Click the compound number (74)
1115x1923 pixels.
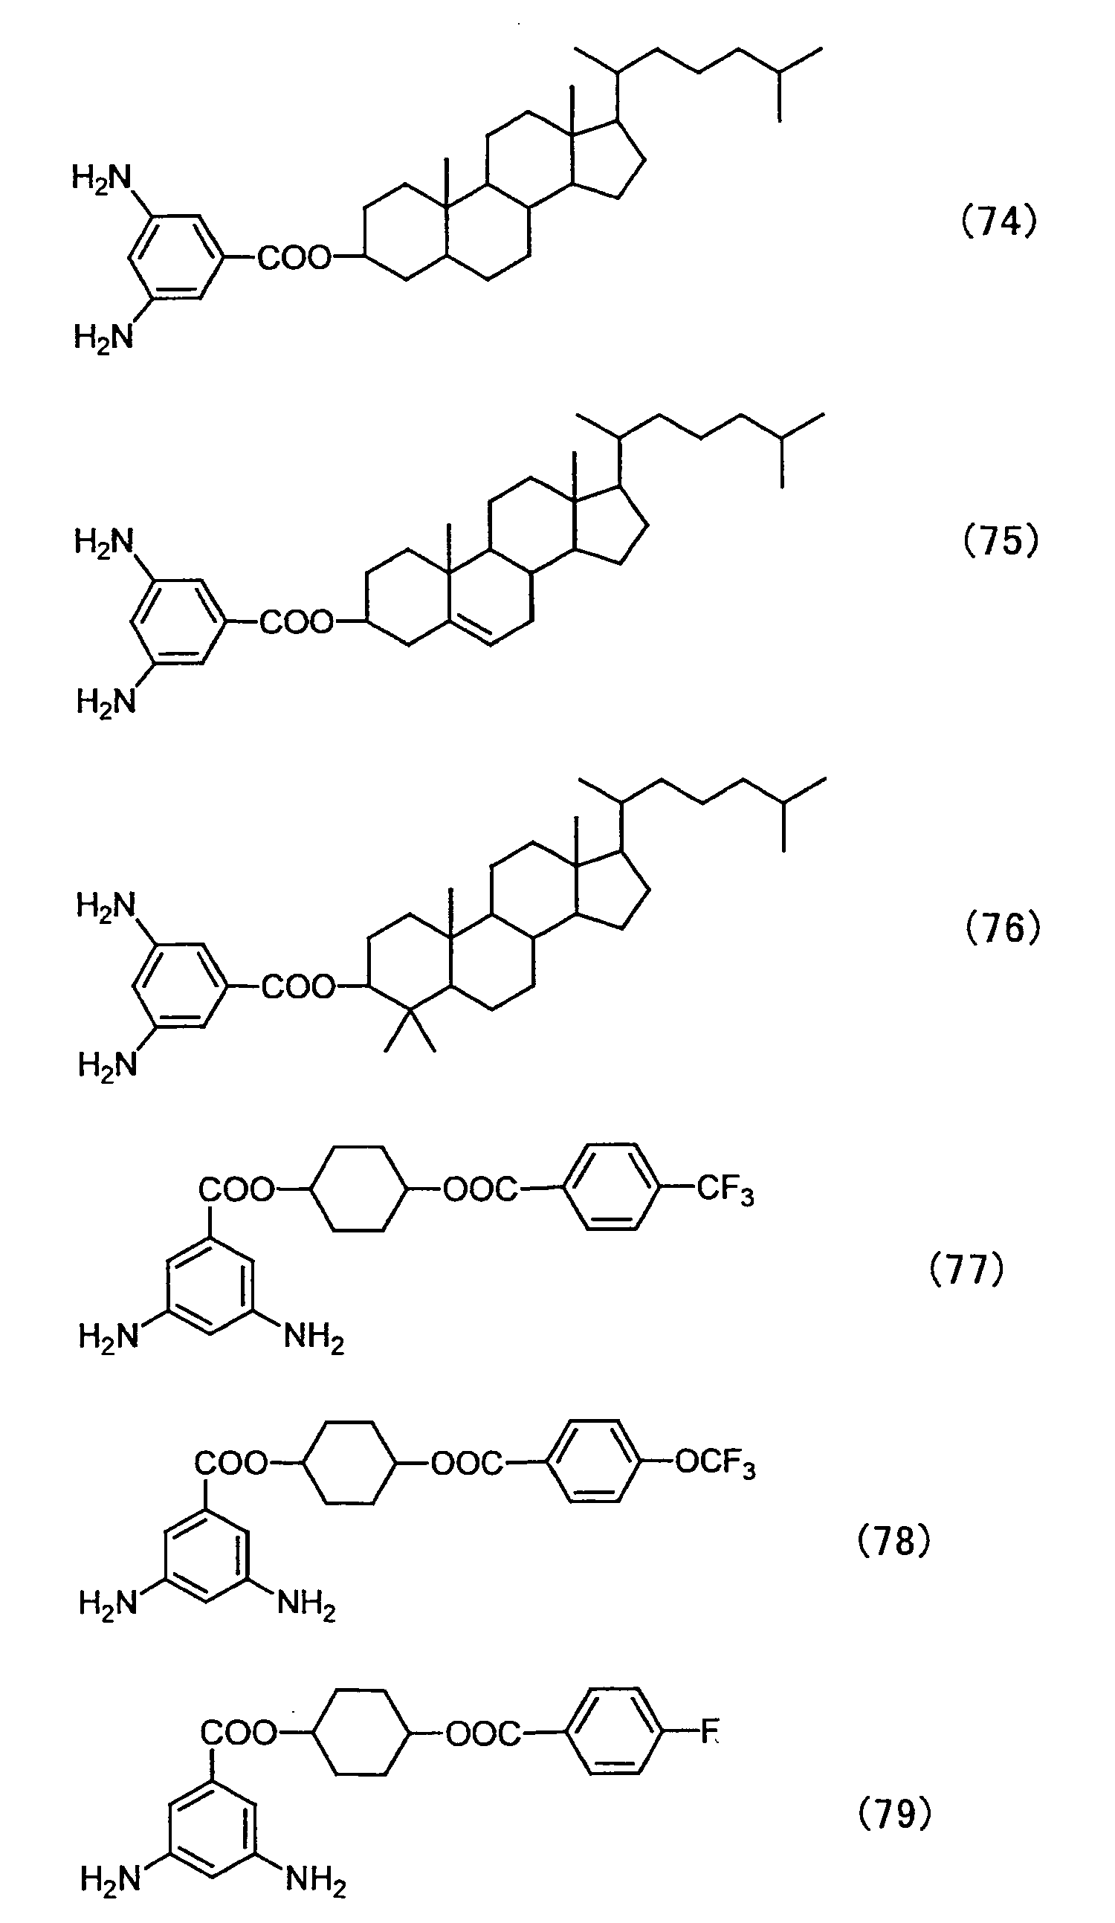(998, 222)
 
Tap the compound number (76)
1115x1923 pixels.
(1003, 928)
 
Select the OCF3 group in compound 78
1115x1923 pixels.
(715, 1464)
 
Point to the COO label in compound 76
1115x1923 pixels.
(299, 986)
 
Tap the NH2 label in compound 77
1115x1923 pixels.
(314, 1339)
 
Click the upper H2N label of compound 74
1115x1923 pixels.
(103, 178)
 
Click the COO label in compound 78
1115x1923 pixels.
(231, 1463)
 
